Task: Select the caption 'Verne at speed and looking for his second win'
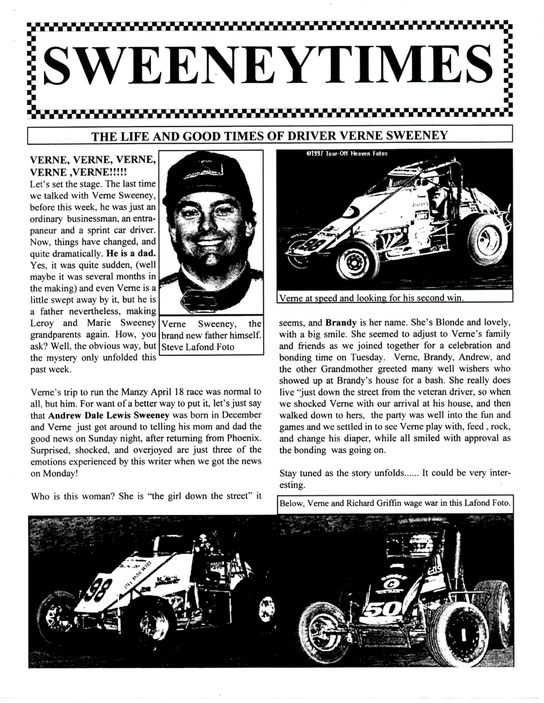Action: click(371, 297)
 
